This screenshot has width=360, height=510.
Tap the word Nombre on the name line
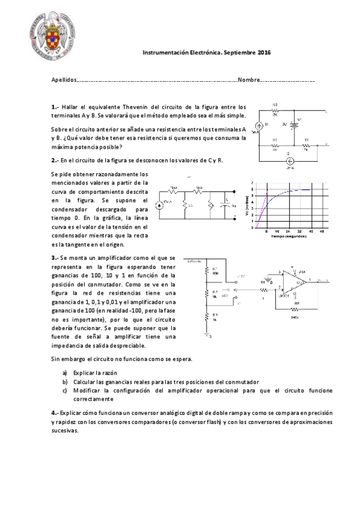pyautogui.click(x=249, y=79)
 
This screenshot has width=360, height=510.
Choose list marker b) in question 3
pyautogui.click(x=65, y=381)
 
